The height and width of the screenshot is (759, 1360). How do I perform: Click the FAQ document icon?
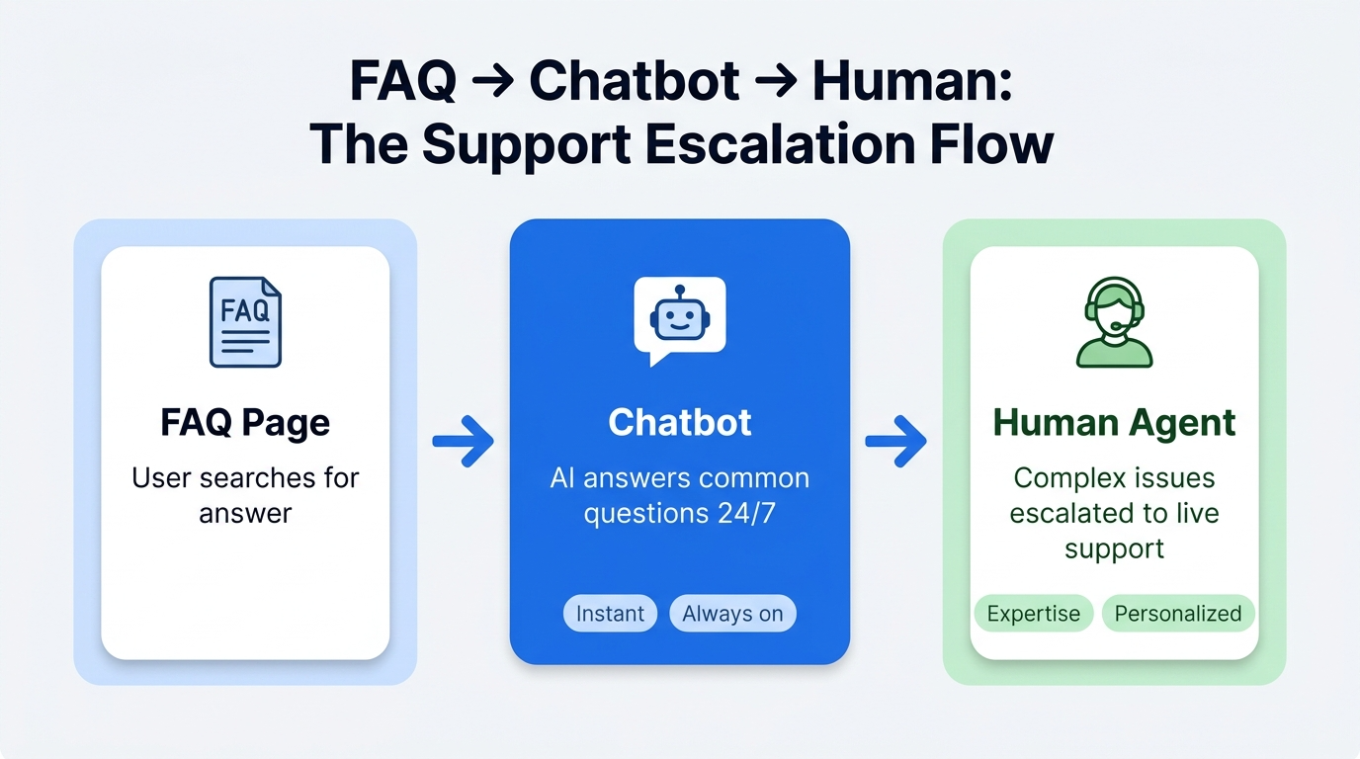click(245, 322)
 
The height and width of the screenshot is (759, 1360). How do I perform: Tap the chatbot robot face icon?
click(680, 319)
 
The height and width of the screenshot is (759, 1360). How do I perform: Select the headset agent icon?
click(1114, 322)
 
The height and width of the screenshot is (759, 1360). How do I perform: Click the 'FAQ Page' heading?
click(245, 423)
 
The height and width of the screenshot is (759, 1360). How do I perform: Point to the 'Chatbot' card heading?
click(680, 422)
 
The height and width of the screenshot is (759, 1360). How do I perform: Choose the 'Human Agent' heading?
click(1114, 423)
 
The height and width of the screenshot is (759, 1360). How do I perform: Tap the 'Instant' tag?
click(610, 614)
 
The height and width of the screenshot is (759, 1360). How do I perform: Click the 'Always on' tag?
click(732, 614)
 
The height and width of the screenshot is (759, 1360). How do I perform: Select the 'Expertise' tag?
click(1034, 614)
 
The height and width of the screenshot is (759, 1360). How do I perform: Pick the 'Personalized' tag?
click(1178, 614)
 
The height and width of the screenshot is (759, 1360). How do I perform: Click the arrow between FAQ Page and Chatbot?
click(464, 441)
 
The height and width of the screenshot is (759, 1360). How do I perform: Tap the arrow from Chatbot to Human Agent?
click(896, 441)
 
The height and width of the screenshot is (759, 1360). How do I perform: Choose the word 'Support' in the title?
click(527, 145)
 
